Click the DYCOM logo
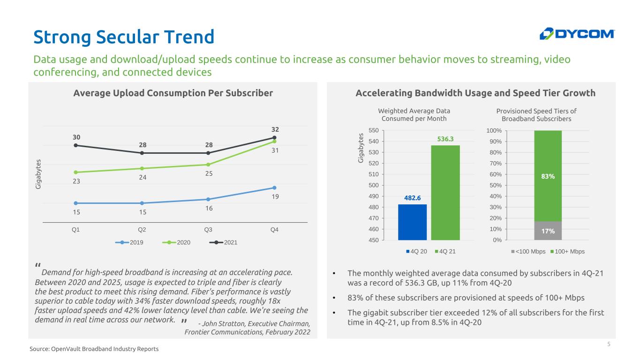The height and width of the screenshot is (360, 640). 577,34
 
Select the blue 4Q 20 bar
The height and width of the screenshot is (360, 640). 412,222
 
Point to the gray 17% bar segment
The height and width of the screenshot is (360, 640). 548,231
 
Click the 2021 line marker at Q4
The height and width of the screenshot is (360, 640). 274,137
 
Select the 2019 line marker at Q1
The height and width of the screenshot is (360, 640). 76,203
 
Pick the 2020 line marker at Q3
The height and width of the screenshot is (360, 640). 208,165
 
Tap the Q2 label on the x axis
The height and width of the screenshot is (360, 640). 142,230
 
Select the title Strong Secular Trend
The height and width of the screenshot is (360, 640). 124,37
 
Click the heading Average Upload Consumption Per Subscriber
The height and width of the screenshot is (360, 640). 173,93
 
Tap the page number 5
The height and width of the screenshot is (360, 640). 609,345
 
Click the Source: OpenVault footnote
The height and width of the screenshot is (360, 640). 94,349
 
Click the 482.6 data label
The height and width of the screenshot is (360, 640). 412,198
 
